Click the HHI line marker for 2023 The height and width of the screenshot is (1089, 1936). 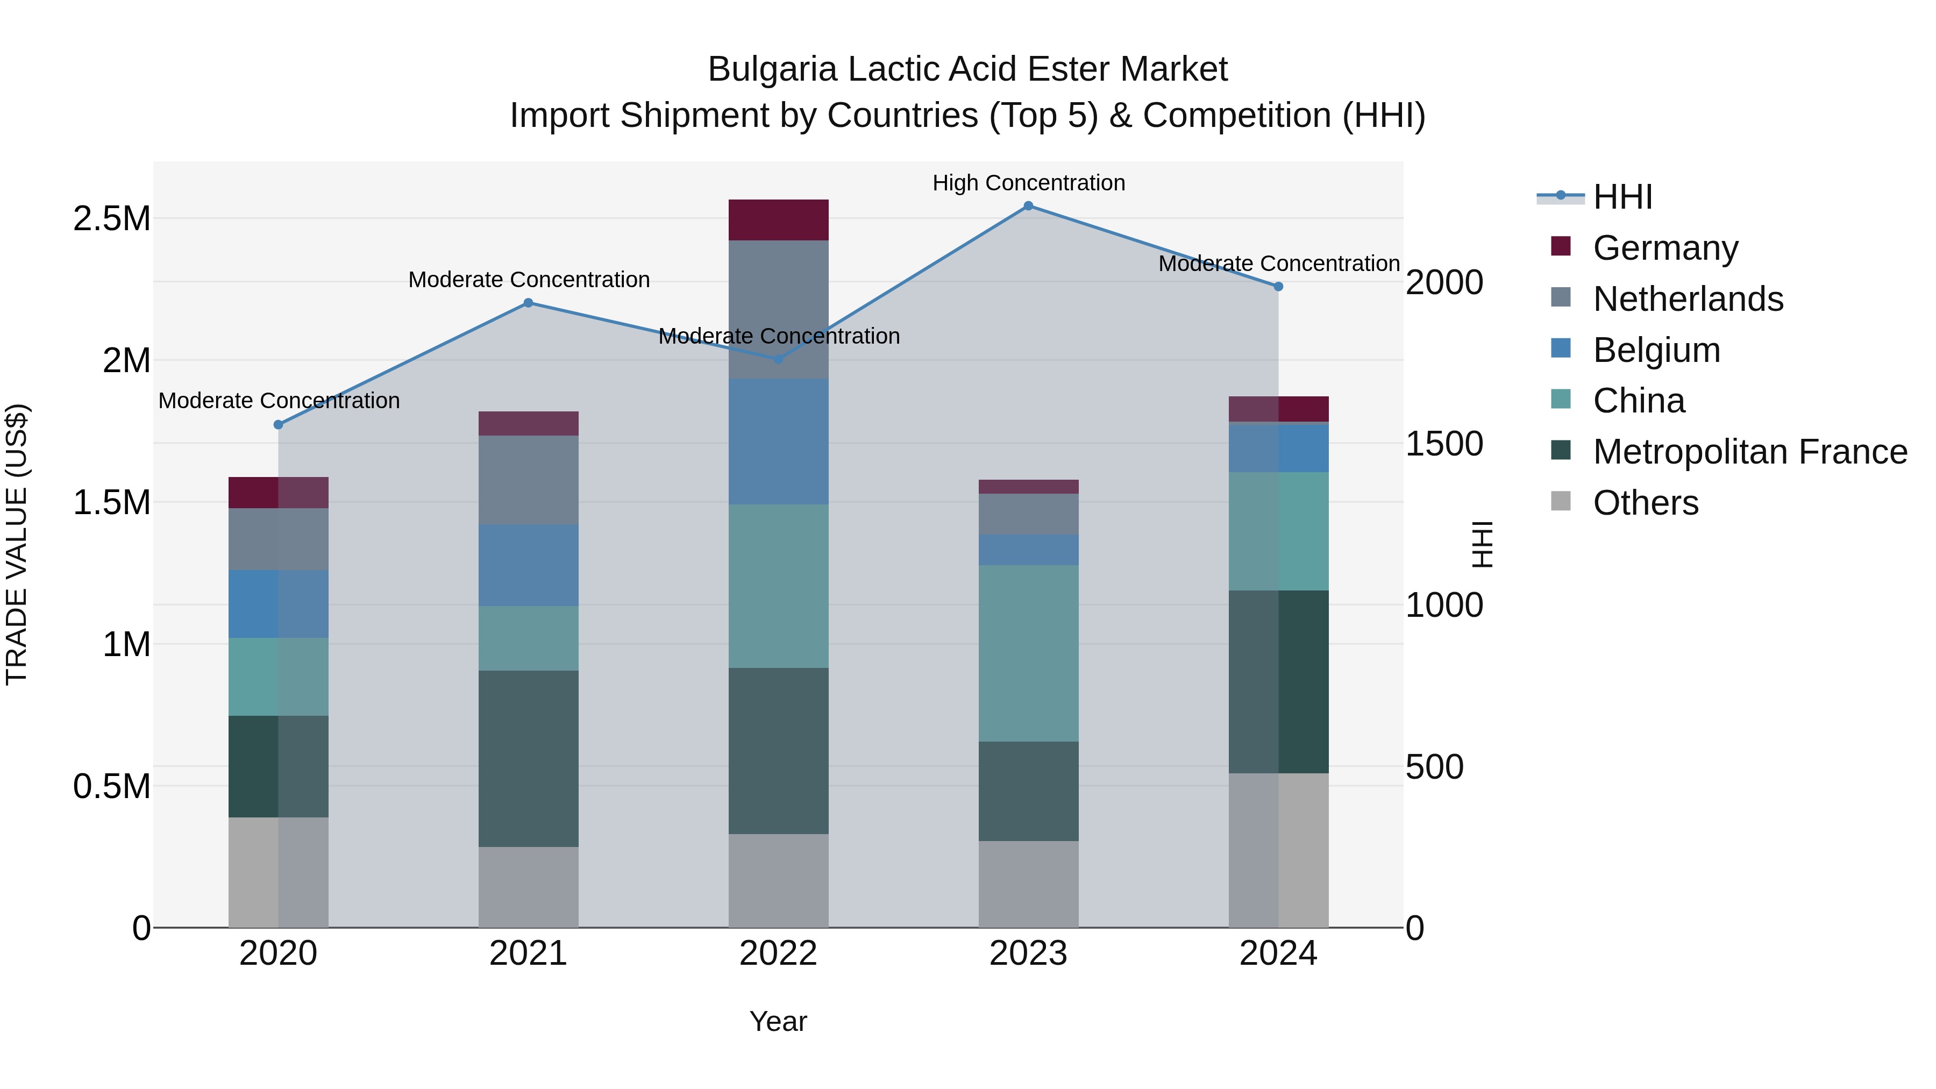pyautogui.click(x=1028, y=206)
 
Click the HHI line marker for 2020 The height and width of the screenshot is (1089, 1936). pyautogui.click(x=278, y=425)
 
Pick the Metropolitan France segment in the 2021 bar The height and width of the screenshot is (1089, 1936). pyautogui.click(x=528, y=758)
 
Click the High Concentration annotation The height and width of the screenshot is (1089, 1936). pyautogui.click(x=1028, y=183)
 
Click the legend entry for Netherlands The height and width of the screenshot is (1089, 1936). pyautogui.click(x=1687, y=299)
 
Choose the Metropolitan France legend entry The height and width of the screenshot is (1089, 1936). pyautogui.click(x=1749, y=452)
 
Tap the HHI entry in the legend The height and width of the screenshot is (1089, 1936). pyautogui.click(x=1622, y=197)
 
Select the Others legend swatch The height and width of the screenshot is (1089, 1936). pyautogui.click(x=1561, y=501)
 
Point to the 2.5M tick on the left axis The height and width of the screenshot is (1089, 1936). pyautogui.click(x=111, y=219)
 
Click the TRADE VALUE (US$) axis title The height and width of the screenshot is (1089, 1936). pyautogui.click(x=17, y=544)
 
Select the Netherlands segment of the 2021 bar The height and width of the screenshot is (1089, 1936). pyautogui.click(x=528, y=480)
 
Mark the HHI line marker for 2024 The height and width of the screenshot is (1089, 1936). pyautogui.click(x=1278, y=286)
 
